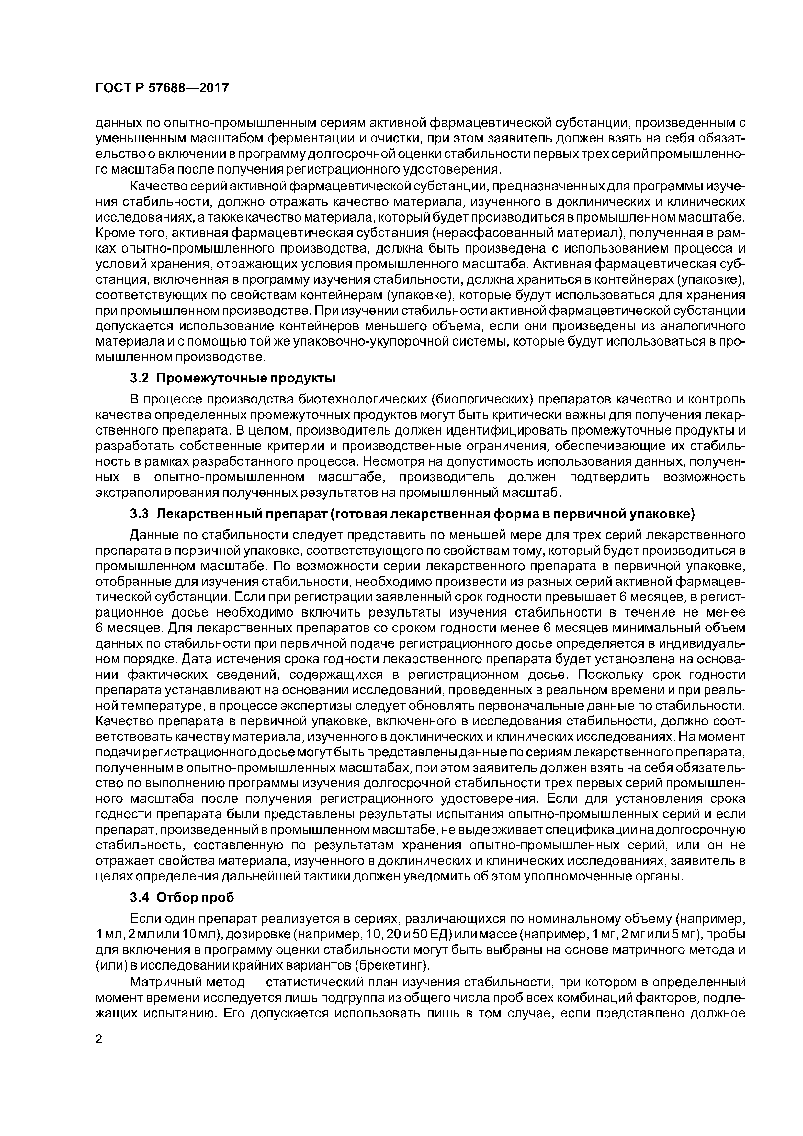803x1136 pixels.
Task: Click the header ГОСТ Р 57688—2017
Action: (x=162, y=88)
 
